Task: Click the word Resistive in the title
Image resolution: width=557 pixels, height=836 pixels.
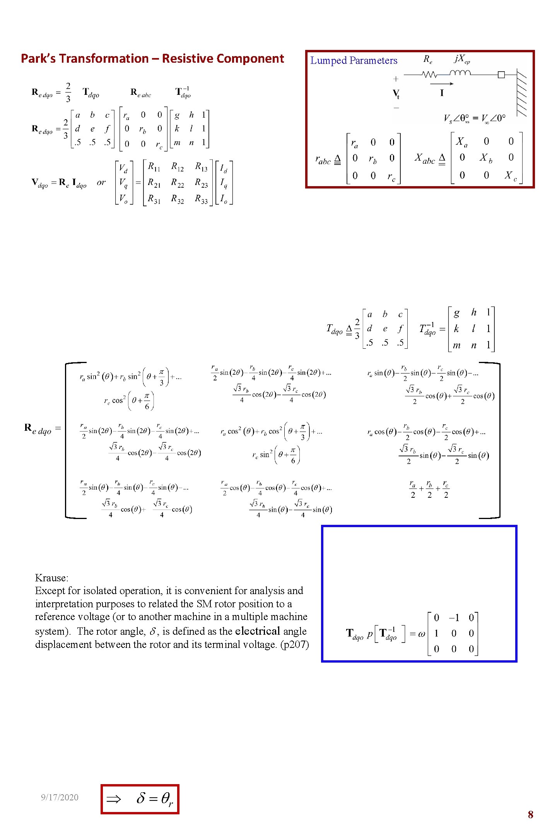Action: [x=186, y=58]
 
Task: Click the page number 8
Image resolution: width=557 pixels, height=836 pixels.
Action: [x=530, y=814]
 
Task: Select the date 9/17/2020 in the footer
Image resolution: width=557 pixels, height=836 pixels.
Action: [x=60, y=797]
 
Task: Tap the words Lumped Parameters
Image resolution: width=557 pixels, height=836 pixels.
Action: [x=354, y=60]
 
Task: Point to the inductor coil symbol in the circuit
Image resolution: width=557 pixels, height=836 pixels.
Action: [x=460, y=73]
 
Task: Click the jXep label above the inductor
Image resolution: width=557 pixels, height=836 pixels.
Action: [x=462, y=59]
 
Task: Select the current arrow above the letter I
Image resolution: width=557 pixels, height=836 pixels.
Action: [x=441, y=84]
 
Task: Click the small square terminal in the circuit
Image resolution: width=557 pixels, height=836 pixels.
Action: [x=501, y=75]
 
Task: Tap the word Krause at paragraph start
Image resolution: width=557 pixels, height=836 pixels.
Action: [x=51, y=578]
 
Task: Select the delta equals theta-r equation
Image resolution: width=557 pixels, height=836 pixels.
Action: [x=155, y=798]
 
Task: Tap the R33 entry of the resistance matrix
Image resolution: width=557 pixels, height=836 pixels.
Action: [x=201, y=199]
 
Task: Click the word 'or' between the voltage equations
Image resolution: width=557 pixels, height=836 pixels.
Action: [x=101, y=182]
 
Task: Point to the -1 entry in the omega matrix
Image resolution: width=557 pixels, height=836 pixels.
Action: [x=453, y=618]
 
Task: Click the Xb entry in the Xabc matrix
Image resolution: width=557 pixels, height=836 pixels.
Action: [x=486, y=158]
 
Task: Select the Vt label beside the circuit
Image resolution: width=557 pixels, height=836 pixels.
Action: [x=396, y=94]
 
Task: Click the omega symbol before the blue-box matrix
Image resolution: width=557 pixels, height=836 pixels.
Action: [x=422, y=634]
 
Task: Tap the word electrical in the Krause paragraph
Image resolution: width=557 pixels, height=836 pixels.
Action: [x=257, y=631]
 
